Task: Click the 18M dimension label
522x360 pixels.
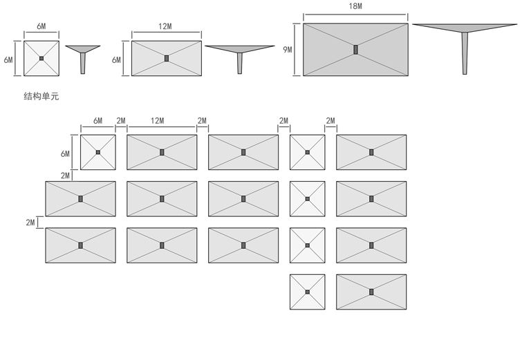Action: (355, 6)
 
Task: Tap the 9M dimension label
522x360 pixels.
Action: (288, 50)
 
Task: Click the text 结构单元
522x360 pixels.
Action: (41, 96)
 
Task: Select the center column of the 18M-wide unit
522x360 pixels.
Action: (355, 50)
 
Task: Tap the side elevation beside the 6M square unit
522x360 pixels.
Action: (83, 55)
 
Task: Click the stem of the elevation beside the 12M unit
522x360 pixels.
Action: (240, 61)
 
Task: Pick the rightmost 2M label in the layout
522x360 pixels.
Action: (330, 121)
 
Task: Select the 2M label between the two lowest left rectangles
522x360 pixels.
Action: (30, 222)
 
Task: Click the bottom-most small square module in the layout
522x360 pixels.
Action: (308, 292)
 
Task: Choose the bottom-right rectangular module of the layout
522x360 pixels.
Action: (371, 292)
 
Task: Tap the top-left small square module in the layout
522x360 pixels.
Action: (98, 152)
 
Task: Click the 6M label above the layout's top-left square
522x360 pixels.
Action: (97, 121)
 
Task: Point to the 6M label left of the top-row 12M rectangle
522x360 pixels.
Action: (116, 60)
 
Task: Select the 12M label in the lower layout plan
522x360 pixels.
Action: (158, 121)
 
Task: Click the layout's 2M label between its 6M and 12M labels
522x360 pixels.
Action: (121, 121)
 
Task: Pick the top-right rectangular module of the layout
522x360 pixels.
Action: (371, 152)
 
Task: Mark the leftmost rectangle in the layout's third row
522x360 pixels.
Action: (80, 245)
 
